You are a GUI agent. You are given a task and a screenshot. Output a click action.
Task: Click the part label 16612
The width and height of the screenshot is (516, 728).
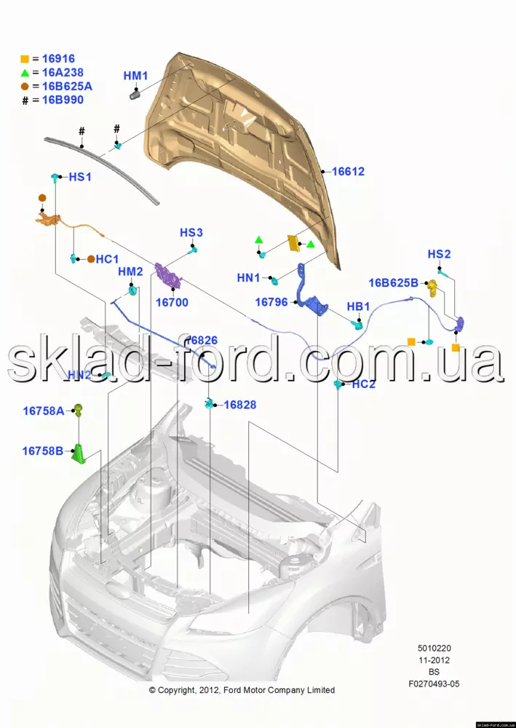coord(348,173)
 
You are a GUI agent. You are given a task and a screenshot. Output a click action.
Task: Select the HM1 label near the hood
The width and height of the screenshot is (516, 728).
coord(135,76)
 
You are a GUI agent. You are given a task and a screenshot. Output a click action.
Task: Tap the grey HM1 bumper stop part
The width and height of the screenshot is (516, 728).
coord(135,92)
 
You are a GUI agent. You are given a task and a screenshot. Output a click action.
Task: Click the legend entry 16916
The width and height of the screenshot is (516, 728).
coord(58,59)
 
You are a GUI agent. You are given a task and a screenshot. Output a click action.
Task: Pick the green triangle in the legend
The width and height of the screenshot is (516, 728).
coord(25,73)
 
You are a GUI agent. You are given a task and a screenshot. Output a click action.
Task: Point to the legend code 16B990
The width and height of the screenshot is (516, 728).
coord(63,100)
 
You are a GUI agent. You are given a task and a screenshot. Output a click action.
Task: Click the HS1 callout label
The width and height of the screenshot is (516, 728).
coord(80,177)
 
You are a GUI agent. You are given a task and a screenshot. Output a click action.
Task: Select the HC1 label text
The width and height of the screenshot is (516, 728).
coord(107,258)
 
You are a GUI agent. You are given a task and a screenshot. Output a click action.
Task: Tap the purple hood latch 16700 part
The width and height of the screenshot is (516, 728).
coord(170,277)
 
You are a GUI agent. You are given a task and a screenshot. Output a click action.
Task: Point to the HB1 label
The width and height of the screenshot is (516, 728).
coord(358,306)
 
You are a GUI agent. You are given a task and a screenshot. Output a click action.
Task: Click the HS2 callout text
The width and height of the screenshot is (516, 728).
coord(439,254)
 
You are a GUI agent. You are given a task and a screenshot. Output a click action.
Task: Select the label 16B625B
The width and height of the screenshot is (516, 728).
coord(393,283)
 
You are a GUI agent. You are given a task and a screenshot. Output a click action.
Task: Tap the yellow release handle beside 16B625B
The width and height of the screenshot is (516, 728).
coord(432,287)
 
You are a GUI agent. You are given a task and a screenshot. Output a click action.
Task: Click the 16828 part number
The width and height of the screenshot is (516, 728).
coord(240,405)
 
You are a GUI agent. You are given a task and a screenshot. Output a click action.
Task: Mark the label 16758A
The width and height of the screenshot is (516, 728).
coord(43,411)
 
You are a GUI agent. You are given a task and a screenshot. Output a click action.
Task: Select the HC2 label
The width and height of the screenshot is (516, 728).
coord(363,384)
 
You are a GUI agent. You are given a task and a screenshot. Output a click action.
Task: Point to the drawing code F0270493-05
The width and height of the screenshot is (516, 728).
coord(434,684)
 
